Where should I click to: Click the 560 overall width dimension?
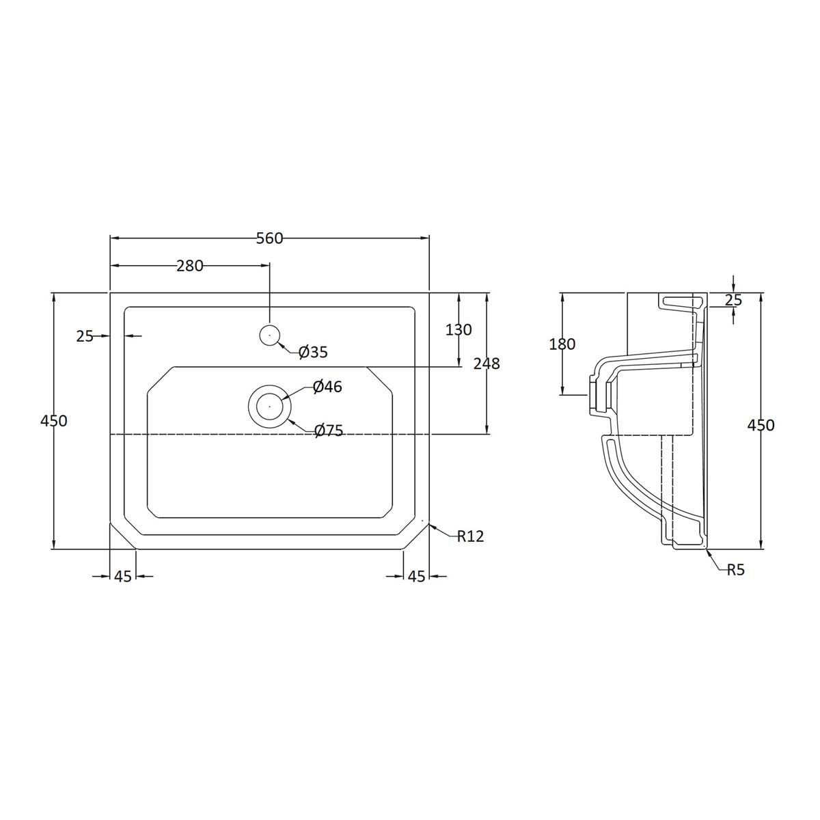(269, 238)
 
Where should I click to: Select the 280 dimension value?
(190, 266)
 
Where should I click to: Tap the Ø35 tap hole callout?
(313, 352)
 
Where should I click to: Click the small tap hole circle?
(270, 335)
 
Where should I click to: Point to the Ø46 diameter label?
(327, 387)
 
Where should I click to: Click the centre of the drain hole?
(270, 405)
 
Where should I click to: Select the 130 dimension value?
(459, 329)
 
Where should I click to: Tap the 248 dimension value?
(487, 364)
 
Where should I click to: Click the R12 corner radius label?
(470, 536)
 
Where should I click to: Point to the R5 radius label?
(735, 569)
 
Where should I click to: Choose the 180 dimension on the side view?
(562, 344)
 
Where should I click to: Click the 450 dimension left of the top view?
(54, 421)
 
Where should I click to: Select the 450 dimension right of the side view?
(761, 425)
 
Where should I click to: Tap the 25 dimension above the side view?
(733, 299)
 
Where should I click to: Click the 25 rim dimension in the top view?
(85, 336)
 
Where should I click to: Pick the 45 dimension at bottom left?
(123, 576)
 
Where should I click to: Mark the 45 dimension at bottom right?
(417, 576)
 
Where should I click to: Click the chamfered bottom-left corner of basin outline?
(124, 536)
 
